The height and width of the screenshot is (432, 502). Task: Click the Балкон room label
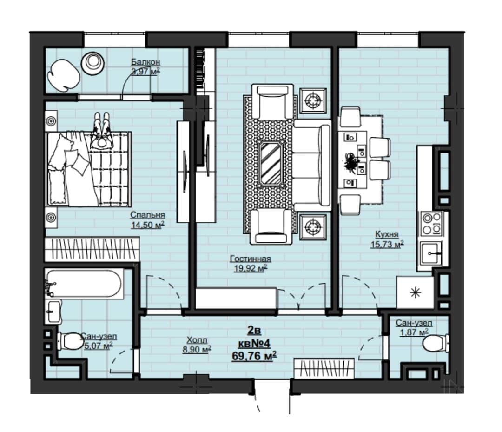(145, 62)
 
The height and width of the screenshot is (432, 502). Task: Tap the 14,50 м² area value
(148, 225)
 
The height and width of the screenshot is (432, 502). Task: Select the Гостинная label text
(251, 259)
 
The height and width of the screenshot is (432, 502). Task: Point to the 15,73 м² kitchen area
(387, 244)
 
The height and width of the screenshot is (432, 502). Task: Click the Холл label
(197, 340)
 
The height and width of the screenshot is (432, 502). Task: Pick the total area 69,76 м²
(254, 356)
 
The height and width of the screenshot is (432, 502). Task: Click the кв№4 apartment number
(254, 344)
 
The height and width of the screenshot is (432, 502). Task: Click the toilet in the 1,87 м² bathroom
(436, 344)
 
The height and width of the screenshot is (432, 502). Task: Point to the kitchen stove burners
(431, 223)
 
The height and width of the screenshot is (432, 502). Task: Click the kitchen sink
(431, 253)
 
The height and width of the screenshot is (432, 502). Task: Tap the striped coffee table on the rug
(271, 163)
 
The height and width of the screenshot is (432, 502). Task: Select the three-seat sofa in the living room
(312, 165)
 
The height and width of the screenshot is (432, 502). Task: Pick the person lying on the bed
(102, 130)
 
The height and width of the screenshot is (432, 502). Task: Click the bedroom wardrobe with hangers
(92, 249)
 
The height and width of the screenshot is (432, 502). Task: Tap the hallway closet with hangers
(324, 369)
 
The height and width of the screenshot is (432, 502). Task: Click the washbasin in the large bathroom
(53, 311)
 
